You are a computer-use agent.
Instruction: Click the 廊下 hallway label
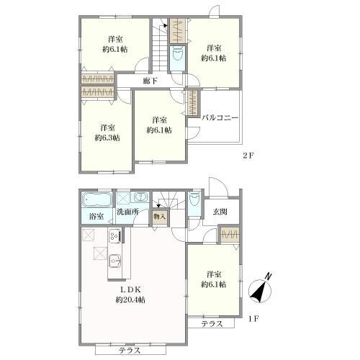(x=150, y=81)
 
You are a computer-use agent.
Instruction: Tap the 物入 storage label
(x=160, y=215)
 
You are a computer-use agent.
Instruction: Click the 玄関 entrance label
(x=220, y=212)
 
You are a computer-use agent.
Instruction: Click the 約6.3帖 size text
(x=107, y=137)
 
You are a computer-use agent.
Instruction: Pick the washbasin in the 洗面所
(x=141, y=198)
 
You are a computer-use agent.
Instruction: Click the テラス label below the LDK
(x=130, y=351)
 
